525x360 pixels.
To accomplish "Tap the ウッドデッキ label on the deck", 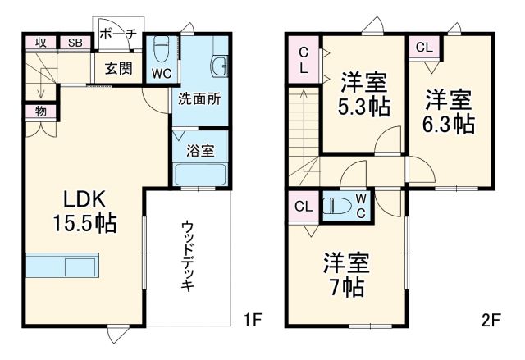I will (188, 255).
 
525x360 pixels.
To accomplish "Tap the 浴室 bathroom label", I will (200, 150).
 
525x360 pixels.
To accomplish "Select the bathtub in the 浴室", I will (201, 174).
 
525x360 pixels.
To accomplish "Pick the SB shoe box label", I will (75, 43).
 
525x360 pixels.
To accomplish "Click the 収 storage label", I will (39, 43).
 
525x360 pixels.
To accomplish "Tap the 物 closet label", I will (40, 111).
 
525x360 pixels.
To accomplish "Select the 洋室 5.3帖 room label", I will (363, 94).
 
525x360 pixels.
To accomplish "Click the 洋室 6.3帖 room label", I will (449, 112).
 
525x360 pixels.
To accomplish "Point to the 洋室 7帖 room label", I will (345, 275).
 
